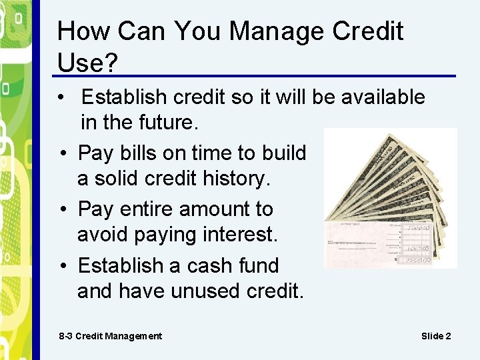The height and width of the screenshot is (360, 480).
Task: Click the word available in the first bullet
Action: (383, 97)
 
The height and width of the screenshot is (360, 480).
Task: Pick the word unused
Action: (201, 291)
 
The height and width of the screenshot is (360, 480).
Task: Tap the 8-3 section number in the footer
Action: (65, 336)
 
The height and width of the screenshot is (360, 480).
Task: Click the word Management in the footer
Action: (132, 336)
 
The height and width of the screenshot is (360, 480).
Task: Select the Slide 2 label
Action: (436, 336)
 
